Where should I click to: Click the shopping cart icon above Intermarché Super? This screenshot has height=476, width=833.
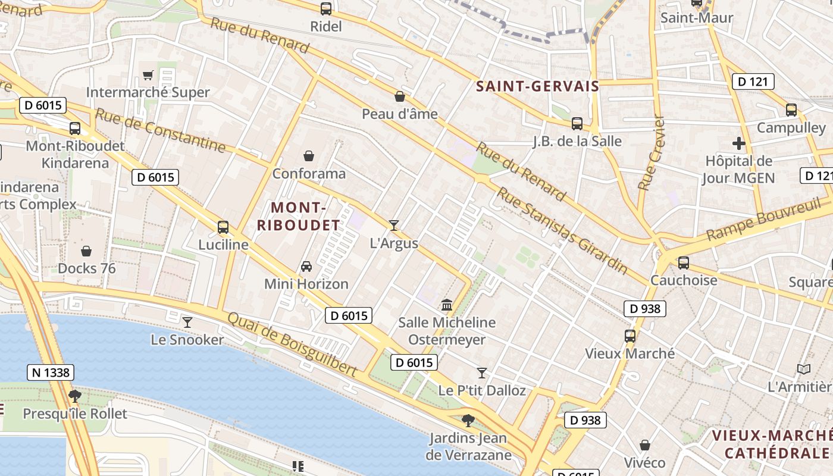click(x=148, y=75)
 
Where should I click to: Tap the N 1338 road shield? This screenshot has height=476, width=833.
click(x=51, y=373)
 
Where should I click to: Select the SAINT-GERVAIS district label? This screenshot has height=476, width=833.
click(x=537, y=86)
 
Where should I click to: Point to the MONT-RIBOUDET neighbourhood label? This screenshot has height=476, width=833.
click(x=306, y=217)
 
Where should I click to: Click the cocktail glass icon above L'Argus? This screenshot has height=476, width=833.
click(x=393, y=225)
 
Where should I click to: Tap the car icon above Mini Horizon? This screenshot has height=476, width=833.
click(x=306, y=266)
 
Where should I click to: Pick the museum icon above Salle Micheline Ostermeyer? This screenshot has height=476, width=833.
click(x=446, y=305)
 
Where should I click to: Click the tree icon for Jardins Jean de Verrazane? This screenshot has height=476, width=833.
click(x=468, y=421)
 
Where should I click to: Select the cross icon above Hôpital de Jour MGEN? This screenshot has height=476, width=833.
click(x=738, y=143)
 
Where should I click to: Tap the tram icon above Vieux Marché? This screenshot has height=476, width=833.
click(x=630, y=336)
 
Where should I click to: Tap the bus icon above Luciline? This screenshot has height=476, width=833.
click(x=223, y=227)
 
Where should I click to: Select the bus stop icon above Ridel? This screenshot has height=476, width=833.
click(x=326, y=9)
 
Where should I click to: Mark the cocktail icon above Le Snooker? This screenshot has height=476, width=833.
click(x=187, y=322)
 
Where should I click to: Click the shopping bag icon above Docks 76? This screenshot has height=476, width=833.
click(x=86, y=251)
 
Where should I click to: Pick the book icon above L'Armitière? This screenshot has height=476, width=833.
click(x=803, y=369)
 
